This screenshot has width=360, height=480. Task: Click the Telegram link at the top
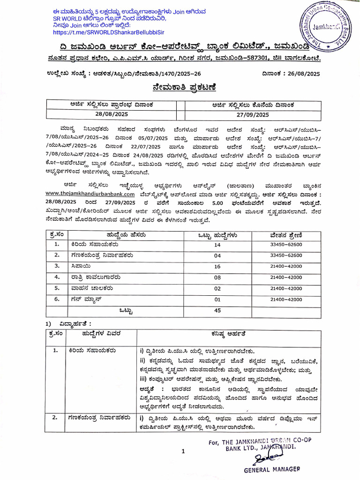click(x=112, y=33)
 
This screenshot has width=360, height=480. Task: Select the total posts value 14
click(x=217, y=245)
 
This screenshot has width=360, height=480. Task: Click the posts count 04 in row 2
click(x=217, y=255)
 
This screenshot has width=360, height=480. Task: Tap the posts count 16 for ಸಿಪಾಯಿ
click(x=217, y=266)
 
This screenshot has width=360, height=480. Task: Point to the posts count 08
click(x=217, y=277)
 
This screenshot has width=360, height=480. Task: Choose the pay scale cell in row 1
click(x=286, y=245)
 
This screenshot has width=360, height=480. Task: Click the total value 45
click(x=217, y=310)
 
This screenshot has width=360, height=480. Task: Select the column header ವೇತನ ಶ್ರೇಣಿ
click(x=286, y=234)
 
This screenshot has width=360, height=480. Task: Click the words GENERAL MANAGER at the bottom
click(x=271, y=469)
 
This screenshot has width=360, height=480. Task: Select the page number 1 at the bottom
click(x=184, y=451)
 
